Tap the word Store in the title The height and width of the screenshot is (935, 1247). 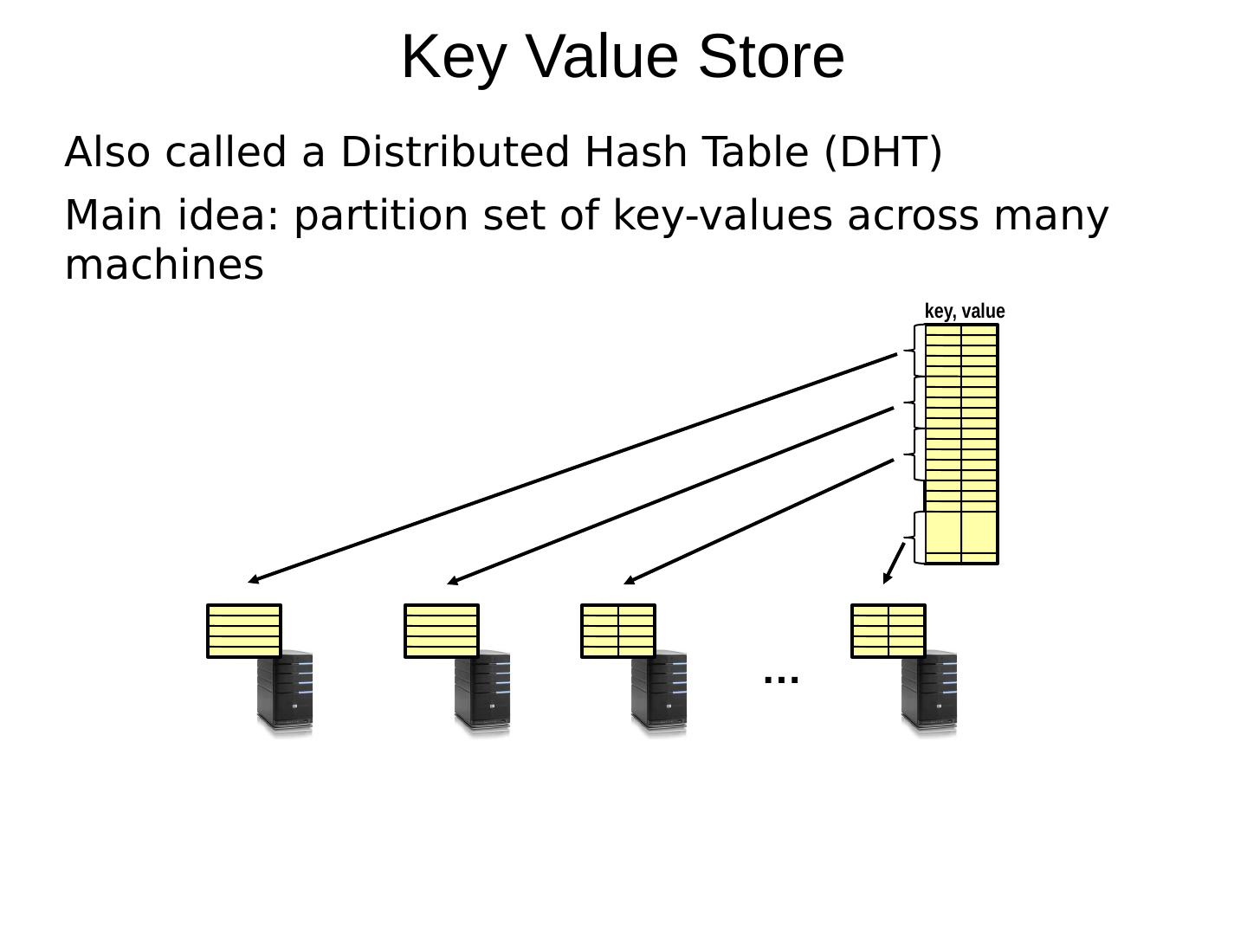coord(771,57)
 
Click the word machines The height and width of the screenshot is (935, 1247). coord(165,265)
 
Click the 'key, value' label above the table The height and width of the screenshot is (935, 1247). coord(965,312)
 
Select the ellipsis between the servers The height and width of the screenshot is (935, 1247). coord(781,679)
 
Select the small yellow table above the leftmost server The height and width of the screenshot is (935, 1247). coord(244,631)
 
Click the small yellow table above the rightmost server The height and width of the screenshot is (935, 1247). coord(888,631)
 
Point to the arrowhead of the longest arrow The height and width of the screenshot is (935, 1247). coord(252,581)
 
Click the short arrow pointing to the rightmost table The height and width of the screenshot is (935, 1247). coord(894,563)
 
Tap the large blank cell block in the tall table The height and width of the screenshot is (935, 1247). coord(961,532)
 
